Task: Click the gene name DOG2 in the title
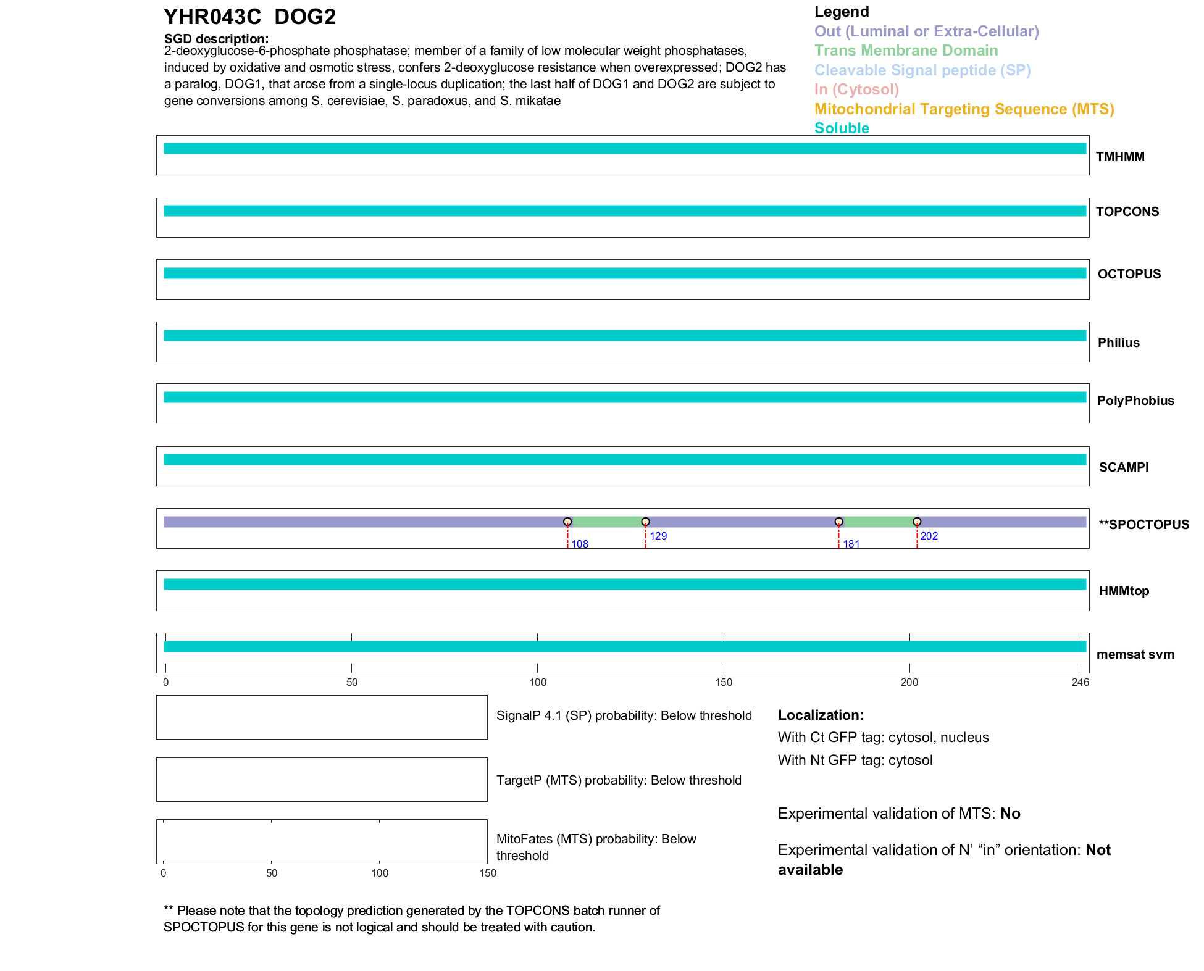coord(305,17)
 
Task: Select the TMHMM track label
coord(1120,157)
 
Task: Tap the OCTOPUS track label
coord(1129,274)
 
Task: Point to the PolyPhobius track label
coord(1135,401)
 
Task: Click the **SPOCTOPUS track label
coord(1143,525)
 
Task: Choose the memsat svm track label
coord(1135,654)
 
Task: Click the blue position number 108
coord(580,544)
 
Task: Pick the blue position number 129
coord(658,536)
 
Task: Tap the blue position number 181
coord(851,544)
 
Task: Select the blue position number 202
coord(929,536)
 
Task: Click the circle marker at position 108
coord(567,522)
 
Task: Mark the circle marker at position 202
coord(917,522)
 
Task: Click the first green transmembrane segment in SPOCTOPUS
coord(607,522)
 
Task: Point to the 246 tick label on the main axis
coord(1080,682)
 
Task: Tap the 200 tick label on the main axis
coord(909,682)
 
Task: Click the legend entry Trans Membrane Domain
coord(906,51)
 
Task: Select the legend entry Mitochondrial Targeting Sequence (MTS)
coord(964,109)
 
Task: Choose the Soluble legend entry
coord(842,128)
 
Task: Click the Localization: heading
coord(820,715)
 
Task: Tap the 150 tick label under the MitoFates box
coord(488,873)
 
